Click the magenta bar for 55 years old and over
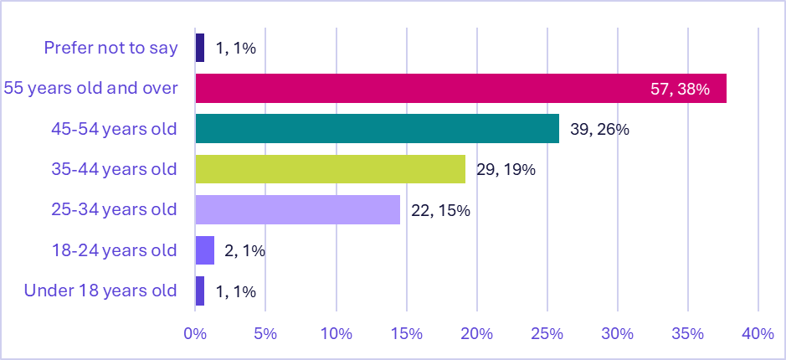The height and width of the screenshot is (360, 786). pos(460,89)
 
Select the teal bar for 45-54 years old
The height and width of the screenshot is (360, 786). pos(377,129)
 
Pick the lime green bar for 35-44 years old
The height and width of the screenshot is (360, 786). pos(330,169)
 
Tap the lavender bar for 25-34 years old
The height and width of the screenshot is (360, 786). pos(297,209)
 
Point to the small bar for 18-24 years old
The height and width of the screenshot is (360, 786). pos(204,250)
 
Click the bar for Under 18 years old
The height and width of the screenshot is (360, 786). pos(199,291)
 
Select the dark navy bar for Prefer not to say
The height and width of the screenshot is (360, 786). pos(199,48)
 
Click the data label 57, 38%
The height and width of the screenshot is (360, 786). pos(680,89)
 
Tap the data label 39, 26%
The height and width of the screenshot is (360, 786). pos(599,129)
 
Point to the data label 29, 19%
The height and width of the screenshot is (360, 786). pos(506,169)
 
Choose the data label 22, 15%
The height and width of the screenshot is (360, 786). pos(440,209)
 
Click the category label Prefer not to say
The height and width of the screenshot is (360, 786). pos(110,48)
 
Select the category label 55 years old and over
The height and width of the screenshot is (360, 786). pos(90,88)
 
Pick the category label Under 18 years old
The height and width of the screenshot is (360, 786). pos(100,291)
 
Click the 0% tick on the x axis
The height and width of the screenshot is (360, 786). pos(195,333)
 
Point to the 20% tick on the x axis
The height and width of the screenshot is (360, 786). pos(476,333)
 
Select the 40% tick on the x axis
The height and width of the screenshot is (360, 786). pos(758,333)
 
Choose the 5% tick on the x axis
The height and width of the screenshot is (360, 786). pos(265,333)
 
